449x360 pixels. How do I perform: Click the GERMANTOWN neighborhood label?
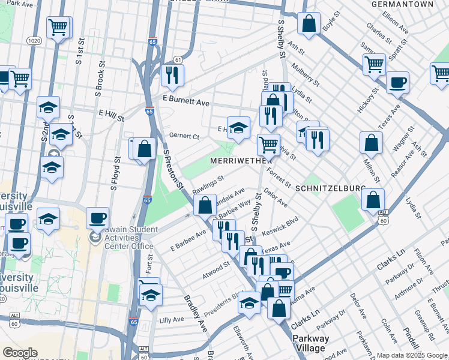[406, 4]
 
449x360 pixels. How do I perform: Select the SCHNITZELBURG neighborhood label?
[330, 188]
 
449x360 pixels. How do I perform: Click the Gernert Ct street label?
[183, 136]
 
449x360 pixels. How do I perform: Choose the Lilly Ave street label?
[171, 320]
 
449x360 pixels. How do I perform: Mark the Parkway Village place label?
[310, 343]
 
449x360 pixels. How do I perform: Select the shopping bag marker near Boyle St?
[309, 23]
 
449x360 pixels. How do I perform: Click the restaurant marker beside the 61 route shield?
[172, 75]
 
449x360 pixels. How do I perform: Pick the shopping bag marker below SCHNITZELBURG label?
[373, 199]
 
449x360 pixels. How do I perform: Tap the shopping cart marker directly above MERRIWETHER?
[268, 144]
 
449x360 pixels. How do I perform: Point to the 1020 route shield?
[34, 40]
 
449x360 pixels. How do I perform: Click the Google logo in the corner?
[20, 353]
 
